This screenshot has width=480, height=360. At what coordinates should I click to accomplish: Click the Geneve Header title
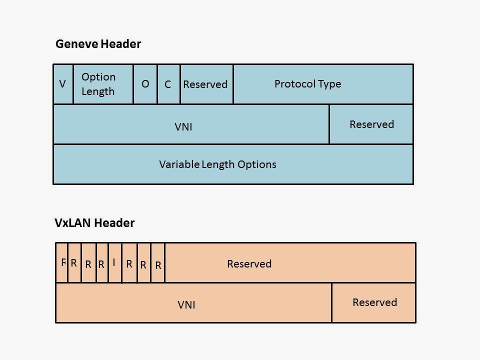pyautogui.click(x=98, y=44)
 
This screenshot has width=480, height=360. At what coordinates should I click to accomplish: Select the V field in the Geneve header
pyautogui.click(x=63, y=84)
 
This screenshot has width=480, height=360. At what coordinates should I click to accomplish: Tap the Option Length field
pyautogui.click(x=103, y=84)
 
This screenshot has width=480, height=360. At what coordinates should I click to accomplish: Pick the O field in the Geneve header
pyautogui.click(x=145, y=84)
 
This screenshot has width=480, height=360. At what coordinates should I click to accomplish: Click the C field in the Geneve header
pyautogui.click(x=168, y=84)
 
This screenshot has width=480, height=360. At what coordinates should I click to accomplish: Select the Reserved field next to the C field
pyautogui.click(x=206, y=84)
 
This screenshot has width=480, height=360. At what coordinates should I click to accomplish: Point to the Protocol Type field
pyautogui.click(x=323, y=84)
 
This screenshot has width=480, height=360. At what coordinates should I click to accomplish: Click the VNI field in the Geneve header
pyautogui.click(x=191, y=124)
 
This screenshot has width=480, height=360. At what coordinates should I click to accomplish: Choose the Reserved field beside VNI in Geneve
pyautogui.click(x=371, y=124)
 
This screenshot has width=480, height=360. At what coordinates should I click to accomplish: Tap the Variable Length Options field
pyautogui.click(x=233, y=164)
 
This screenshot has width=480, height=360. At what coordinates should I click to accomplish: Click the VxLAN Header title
pyautogui.click(x=94, y=223)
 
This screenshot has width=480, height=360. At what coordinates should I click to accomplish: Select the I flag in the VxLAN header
pyautogui.click(x=114, y=263)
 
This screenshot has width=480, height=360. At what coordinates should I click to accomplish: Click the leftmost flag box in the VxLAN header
pyautogui.click(x=61, y=263)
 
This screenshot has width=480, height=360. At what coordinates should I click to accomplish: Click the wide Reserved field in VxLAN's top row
pyautogui.click(x=290, y=263)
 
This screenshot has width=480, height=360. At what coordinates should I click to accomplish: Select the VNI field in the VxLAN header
pyautogui.click(x=193, y=303)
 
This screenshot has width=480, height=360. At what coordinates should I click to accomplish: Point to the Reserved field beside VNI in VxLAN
pyautogui.click(x=373, y=303)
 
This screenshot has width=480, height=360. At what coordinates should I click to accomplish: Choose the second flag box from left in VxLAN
pyautogui.click(x=74, y=263)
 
